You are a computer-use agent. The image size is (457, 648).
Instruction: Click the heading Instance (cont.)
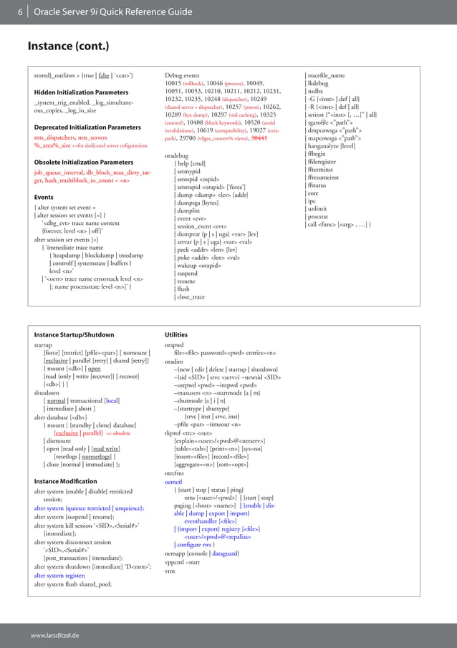pyautogui.click(x=68, y=47)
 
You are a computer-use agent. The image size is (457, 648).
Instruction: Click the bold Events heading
pyautogui.click(x=44, y=197)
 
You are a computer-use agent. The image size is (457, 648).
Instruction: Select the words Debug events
pyautogui.click(x=182, y=75)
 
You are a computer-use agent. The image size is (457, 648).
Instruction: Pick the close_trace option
pyautogui.click(x=191, y=296)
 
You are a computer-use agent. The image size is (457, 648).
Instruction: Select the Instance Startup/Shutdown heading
pyautogui.click(x=74, y=334)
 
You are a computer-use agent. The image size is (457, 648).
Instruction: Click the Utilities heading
pyautogui.click(x=176, y=334)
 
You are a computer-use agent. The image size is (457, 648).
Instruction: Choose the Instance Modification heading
pyautogui.click(x=65, y=481)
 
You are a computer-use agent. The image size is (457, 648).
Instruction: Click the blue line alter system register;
pyautogui.click(x=59, y=575)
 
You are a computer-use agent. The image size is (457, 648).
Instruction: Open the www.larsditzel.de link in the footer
pyautogui.click(x=54, y=635)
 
